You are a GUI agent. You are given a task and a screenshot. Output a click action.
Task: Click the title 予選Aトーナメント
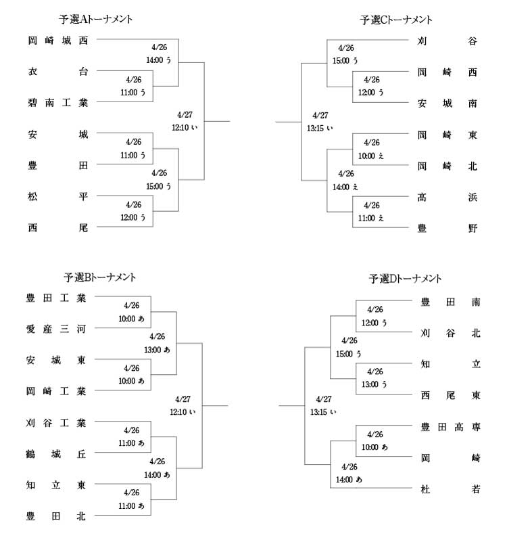96,19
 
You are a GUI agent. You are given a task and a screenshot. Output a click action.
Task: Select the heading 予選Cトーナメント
395,20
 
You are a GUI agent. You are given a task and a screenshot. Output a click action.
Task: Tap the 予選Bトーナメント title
100,277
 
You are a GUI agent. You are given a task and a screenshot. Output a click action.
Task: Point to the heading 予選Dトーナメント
405,279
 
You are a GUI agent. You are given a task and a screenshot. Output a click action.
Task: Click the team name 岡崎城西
58,41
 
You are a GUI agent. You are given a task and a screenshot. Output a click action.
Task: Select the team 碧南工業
58,103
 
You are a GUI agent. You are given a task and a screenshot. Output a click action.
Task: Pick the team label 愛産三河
56,329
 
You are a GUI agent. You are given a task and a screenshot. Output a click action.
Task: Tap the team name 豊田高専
451,427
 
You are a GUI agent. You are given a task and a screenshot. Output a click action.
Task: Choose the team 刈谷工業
56,423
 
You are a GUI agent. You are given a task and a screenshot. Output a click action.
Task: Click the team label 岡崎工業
56,391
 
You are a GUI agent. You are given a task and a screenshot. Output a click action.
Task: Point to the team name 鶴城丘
56,454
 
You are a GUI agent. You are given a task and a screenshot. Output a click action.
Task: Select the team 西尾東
451,395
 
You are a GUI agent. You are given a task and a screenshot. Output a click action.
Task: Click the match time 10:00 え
371,156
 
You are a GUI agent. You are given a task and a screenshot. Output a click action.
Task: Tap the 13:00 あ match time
157,350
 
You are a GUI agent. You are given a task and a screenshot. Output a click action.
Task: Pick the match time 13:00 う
375,384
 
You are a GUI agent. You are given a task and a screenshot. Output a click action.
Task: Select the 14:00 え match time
345,187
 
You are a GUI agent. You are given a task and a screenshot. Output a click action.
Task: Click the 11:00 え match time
371,218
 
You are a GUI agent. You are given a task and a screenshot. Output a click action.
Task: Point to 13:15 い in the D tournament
323,412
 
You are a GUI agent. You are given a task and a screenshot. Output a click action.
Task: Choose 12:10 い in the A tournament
185,128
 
